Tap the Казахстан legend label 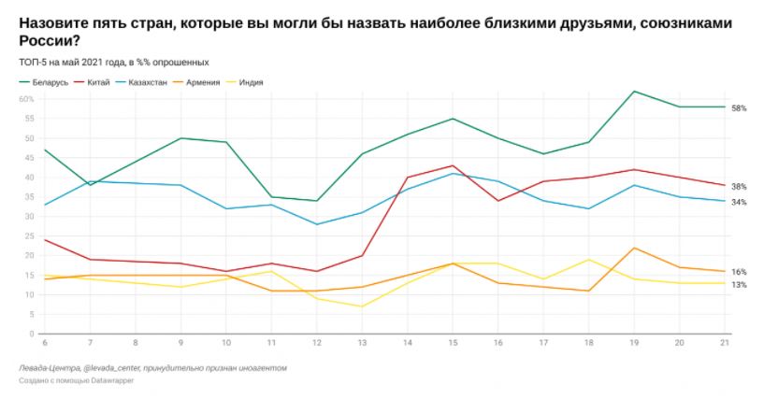click(149, 82)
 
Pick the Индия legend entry click(250, 82)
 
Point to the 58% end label click(739, 107)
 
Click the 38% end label click(739, 186)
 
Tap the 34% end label click(739, 202)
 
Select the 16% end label click(739, 272)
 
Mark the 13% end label click(739, 284)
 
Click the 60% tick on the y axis click(28, 99)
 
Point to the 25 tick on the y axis click(30, 235)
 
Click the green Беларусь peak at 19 click(635, 92)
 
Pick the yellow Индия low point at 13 click(362, 306)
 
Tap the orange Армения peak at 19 click(635, 248)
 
